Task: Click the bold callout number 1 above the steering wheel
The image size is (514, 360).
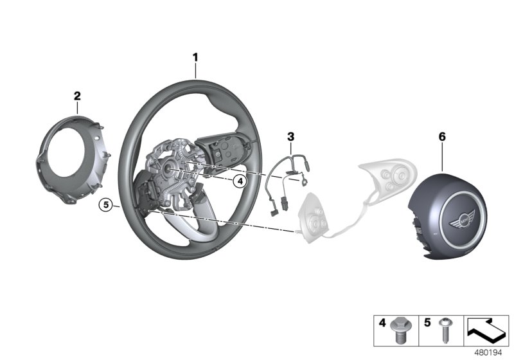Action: [x=195, y=59]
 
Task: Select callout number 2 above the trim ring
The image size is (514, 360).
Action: [x=77, y=96]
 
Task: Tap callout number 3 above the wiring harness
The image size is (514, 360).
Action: [x=290, y=136]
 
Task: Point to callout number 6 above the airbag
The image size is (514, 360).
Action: [x=441, y=136]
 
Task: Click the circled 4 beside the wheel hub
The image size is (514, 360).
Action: [x=239, y=181]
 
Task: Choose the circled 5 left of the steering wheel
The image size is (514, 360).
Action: [x=107, y=205]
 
